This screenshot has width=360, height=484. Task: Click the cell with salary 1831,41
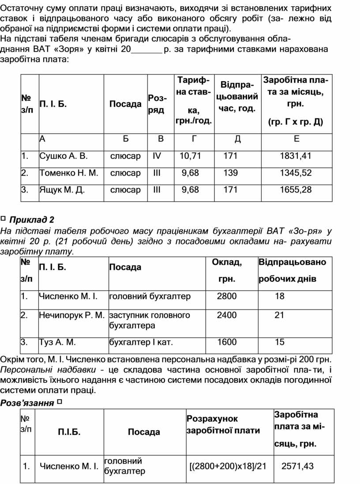tap(296, 156)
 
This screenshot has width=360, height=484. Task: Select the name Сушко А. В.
tap(64, 156)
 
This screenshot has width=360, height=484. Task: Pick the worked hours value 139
tap(230, 173)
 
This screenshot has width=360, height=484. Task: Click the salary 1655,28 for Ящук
tap(296, 190)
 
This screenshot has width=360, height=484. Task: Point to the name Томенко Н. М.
tap(68, 173)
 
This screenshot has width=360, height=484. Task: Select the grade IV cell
tap(157, 156)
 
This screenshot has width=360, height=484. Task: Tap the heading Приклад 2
tap(31, 219)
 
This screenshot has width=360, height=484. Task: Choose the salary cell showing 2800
tap(227, 296)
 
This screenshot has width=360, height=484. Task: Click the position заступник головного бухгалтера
tap(149, 320)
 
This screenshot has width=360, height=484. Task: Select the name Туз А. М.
tap(57, 342)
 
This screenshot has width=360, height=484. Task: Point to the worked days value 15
tap(280, 342)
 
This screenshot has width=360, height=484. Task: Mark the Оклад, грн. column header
tap(227, 270)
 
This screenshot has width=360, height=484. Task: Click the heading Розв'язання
tap(27, 402)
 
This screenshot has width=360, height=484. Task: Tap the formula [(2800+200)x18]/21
tap(228, 465)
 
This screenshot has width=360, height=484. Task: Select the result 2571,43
tap(297, 465)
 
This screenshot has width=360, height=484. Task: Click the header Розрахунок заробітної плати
tap(223, 424)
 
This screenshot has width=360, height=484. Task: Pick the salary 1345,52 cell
tap(296, 173)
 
